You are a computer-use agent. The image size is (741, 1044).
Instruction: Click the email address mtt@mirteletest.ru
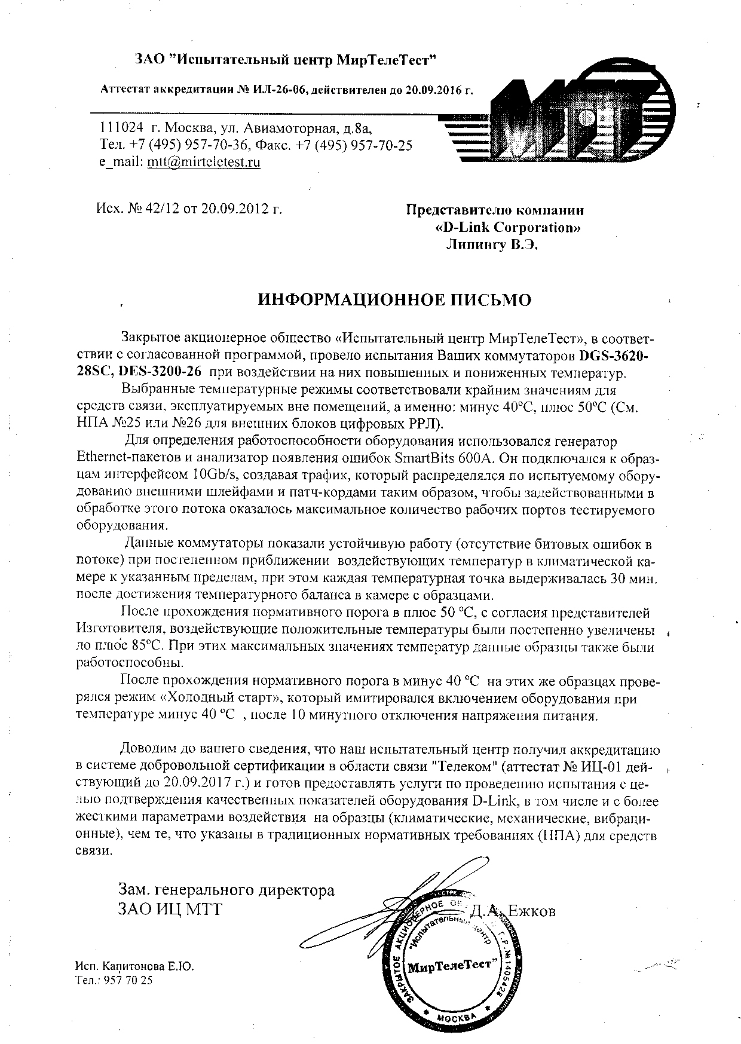click(203, 162)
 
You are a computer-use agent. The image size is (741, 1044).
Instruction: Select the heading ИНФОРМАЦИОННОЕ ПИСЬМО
click(394, 299)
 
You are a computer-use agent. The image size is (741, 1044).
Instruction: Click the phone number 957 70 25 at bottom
click(128, 980)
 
